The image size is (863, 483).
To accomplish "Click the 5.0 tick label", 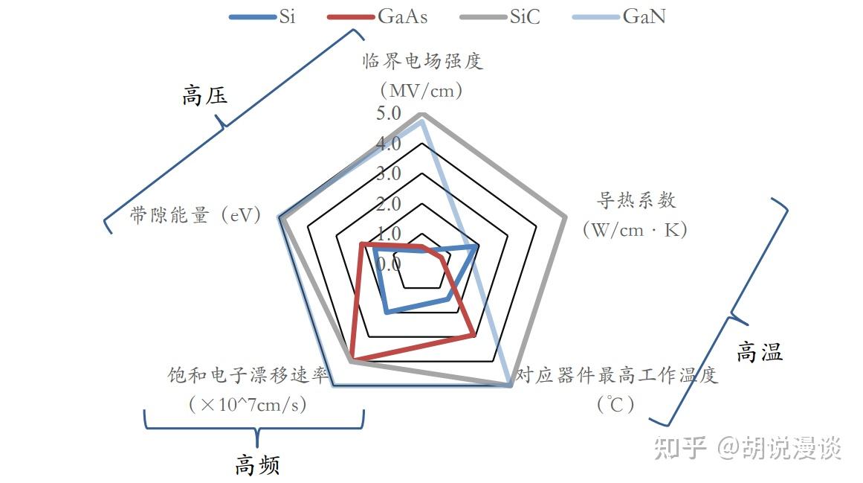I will click(x=388, y=113).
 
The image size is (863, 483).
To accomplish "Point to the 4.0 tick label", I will click(x=388, y=143).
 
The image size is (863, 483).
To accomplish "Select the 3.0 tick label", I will click(x=388, y=173).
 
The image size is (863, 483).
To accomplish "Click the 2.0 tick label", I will click(x=388, y=203).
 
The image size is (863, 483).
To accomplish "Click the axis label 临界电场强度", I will click(x=423, y=60).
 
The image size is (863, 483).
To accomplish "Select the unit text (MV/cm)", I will click(x=421, y=91).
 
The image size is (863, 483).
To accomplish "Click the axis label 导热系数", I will click(x=636, y=199).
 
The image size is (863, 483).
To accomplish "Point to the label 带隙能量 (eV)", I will click(x=195, y=215).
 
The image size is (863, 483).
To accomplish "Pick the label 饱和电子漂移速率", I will click(x=248, y=375).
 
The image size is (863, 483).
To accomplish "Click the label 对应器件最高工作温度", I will click(x=617, y=375).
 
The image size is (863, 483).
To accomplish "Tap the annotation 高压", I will click(x=204, y=96).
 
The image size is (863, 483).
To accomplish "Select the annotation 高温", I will click(x=760, y=352).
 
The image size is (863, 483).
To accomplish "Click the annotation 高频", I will click(x=257, y=465).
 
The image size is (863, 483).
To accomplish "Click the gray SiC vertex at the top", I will click(x=422, y=114).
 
